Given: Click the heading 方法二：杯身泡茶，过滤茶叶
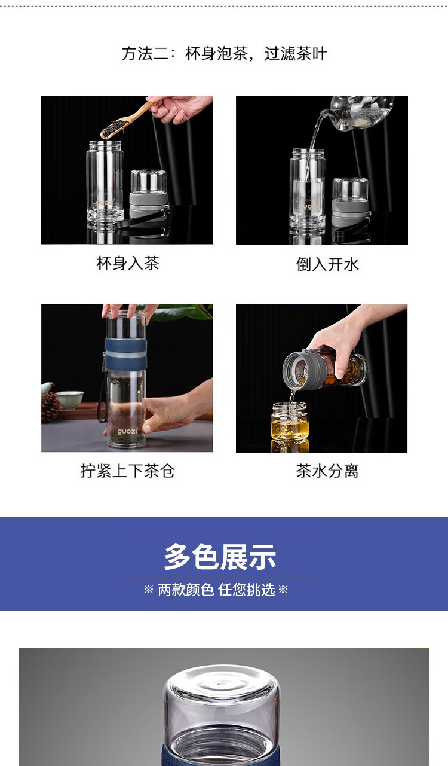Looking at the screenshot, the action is coord(224,54).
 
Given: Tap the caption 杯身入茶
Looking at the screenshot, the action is coord(128,263).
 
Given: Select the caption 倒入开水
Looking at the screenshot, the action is coord(327,264).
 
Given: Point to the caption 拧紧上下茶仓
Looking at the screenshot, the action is coord(128,471).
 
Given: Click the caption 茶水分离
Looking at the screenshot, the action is coord(327,471).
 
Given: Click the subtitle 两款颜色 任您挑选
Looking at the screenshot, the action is coord(216,590).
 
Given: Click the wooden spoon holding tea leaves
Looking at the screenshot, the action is coord(128,119).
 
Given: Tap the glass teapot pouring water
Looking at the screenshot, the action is coord(359,113).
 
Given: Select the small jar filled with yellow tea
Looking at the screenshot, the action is coord(290,422).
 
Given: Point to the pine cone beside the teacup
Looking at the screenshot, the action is coord(51,407).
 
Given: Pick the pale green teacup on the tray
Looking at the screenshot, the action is coord(69,399).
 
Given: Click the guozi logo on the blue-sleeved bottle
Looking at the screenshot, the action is coord(127,431).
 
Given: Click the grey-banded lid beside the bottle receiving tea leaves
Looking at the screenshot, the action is coord(149,195).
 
